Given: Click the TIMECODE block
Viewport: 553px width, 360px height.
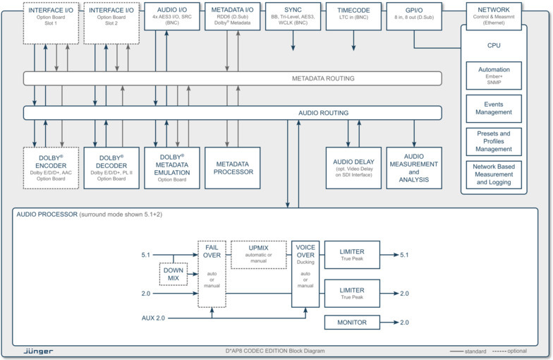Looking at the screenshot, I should coord(353,15).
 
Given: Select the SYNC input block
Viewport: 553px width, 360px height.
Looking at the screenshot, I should coord(293,15).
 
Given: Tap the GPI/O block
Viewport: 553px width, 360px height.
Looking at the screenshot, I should coord(414,15).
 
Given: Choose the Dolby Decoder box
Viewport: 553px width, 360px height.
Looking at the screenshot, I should coord(111,167).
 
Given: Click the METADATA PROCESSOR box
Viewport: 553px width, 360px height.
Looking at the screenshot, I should coord(233,167).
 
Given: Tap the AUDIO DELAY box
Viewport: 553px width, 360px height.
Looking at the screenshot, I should coord(353,167).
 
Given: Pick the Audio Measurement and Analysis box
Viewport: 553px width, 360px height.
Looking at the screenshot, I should coord(414,167).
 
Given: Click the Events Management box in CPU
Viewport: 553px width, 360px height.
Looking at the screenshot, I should coord(494,108).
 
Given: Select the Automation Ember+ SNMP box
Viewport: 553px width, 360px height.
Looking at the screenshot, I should coord(494,76).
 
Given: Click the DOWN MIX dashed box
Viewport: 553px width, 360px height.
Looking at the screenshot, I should coord(173,274).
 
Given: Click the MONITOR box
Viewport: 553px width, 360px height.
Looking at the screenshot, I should coord(352,323).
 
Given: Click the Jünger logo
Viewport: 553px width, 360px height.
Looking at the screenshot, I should coord(37,351).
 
